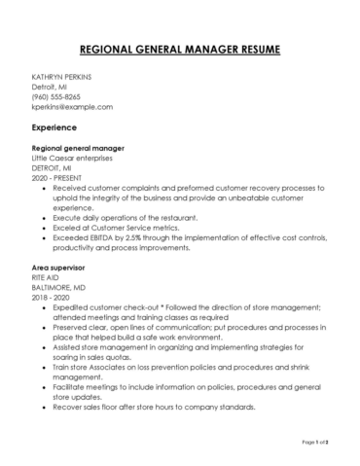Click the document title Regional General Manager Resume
click(x=180, y=48)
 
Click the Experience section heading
click(x=56, y=127)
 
